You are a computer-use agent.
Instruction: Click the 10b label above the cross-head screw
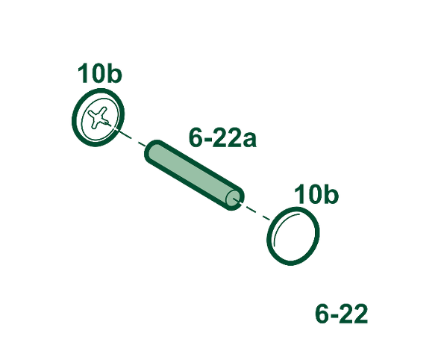tap(99, 73)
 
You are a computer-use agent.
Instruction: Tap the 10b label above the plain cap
tap(316, 194)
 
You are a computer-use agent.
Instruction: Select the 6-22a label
tap(222, 137)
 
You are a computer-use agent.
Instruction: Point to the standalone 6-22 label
tap(341, 313)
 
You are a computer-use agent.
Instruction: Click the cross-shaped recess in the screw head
tap(98, 118)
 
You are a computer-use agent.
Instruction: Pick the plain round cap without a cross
tap(293, 236)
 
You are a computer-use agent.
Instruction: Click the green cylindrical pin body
tap(194, 175)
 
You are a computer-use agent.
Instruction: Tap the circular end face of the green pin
tap(234, 199)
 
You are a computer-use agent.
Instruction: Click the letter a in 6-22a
tap(249, 140)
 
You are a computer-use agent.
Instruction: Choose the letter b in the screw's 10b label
tap(114, 73)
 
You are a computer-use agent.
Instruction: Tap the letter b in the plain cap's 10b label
tap(331, 194)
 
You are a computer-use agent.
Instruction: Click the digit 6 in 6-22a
tap(196, 137)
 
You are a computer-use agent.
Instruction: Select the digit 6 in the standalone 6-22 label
tap(322, 313)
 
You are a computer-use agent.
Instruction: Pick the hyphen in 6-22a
tap(207, 140)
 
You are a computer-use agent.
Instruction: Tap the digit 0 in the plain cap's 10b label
tap(313, 194)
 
